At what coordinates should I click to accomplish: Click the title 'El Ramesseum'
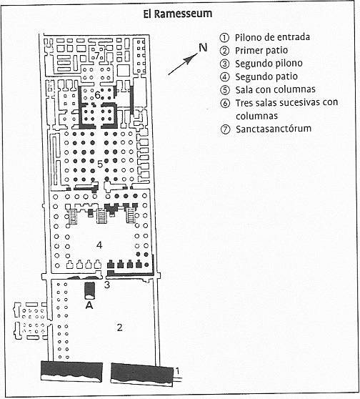(177, 14)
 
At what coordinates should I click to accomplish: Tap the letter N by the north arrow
(203, 48)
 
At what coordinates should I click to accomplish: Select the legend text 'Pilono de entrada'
(272, 37)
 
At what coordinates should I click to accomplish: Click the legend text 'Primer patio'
(261, 50)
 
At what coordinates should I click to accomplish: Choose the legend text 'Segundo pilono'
(269, 64)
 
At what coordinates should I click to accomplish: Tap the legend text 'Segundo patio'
(266, 77)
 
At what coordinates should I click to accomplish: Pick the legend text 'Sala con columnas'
(275, 89)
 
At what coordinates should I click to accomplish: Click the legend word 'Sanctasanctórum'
(274, 129)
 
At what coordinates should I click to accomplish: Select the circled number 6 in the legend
(225, 103)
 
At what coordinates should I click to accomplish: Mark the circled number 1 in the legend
(224, 38)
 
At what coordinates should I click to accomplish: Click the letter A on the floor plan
(89, 305)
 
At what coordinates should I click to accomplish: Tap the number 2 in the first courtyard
(119, 327)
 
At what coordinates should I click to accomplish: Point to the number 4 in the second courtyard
(99, 245)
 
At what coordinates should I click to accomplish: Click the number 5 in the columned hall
(100, 164)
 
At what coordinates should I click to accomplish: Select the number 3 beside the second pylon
(107, 285)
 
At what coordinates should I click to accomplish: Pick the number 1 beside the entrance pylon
(178, 371)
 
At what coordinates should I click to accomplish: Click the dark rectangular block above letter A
(89, 290)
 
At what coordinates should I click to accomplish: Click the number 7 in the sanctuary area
(97, 56)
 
